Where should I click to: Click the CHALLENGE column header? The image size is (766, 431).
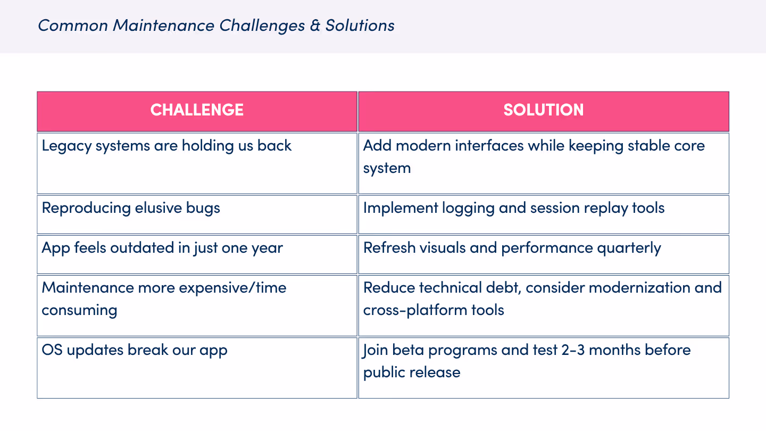[x=197, y=110]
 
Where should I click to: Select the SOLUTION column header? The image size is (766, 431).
[x=543, y=110]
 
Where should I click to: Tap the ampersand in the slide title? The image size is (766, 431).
[x=315, y=26]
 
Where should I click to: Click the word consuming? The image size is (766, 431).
[x=79, y=310]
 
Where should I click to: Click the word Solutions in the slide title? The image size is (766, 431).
[x=360, y=26]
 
